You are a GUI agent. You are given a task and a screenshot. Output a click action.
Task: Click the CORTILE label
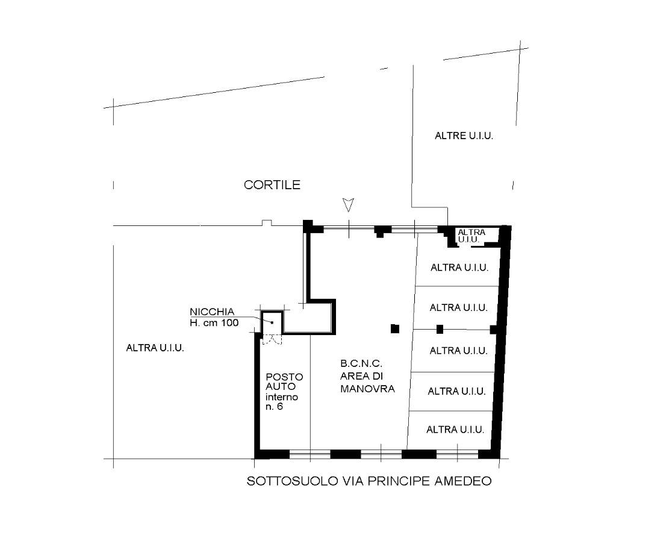[272, 185]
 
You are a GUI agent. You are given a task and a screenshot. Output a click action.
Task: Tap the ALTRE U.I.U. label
[464, 136]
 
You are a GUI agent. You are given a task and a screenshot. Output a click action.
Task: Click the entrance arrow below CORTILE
[349, 205]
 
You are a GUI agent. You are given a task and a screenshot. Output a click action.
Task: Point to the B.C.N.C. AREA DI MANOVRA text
[367, 376]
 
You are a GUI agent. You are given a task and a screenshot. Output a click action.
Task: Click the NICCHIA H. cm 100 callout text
[214, 318]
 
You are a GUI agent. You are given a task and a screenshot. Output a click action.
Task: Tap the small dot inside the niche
[272, 322]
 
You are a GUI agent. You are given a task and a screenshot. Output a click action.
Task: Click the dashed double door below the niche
[272, 339]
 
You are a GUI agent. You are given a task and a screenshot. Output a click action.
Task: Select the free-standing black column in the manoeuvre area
[395, 329]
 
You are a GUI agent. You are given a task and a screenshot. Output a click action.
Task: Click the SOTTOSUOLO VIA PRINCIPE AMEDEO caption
[369, 481]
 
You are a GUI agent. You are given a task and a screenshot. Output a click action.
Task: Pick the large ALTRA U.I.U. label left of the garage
[155, 348]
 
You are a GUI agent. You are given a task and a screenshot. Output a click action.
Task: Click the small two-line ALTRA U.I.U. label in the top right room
[471, 236]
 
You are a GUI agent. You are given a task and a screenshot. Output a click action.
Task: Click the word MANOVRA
[367, 389]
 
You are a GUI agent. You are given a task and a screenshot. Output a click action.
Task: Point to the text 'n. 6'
[274, 407]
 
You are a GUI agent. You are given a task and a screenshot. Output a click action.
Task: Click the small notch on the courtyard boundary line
[267, 222]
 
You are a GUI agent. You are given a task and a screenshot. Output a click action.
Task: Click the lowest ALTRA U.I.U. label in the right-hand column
[455, 430]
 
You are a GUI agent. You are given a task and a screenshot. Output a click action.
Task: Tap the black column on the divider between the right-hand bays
[440, 329]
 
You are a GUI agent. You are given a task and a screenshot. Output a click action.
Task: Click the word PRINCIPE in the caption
[399, 481]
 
